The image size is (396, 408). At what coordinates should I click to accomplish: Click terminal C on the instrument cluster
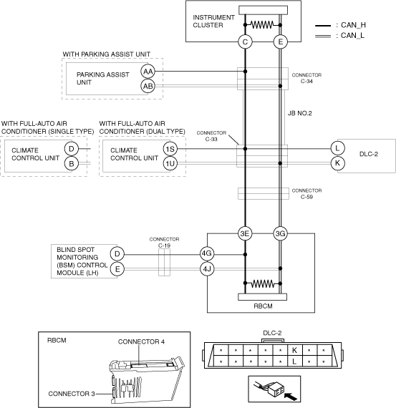(245, 42)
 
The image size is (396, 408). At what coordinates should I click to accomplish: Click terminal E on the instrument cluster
(281, 42)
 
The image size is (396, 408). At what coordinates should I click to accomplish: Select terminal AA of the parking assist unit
(148, 72)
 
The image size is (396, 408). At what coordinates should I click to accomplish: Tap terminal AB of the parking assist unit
(148, 86)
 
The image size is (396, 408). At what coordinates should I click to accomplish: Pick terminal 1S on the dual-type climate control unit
(170, 149)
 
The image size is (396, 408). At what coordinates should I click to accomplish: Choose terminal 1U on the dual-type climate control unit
(170, 163)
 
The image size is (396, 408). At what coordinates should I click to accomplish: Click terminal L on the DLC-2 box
(338, 149)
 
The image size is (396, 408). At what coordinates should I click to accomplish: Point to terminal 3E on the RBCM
(245, 233)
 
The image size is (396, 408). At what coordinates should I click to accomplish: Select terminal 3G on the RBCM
(281, 233)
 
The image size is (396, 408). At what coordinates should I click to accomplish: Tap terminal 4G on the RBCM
(207, 253)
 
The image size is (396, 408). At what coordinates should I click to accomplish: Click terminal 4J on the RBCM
(207, 269)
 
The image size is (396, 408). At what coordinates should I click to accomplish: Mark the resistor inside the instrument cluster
(262, 25)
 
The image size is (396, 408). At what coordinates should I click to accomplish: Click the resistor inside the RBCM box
(263, 283)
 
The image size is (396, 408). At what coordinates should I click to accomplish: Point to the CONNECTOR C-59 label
(306, 193)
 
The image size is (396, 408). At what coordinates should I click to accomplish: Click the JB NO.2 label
(299, 113)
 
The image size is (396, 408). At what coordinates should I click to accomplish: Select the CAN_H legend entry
(340, 25)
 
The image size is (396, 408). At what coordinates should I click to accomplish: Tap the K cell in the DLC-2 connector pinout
(295, 350)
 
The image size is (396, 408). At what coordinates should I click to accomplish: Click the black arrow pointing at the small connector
(291, 397)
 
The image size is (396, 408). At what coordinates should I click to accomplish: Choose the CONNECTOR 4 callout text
(141, 341)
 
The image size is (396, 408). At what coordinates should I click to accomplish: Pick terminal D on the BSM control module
(117, 254)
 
